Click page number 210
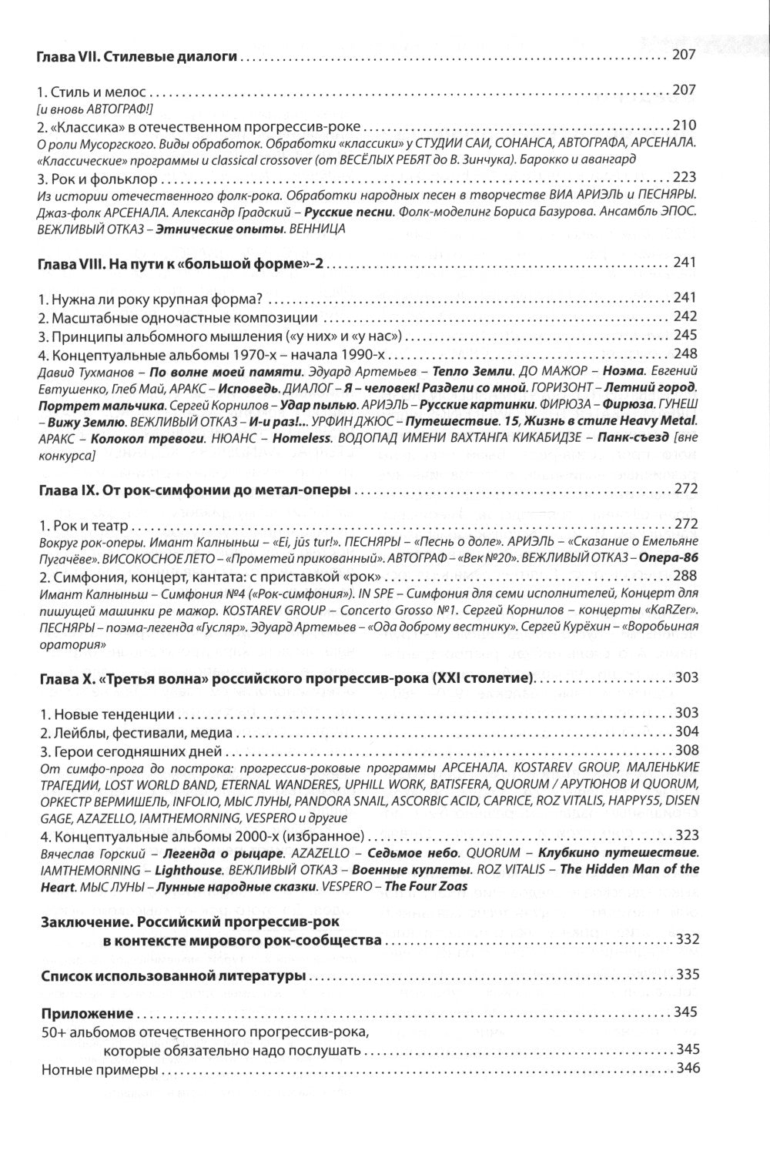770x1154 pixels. tap(685, 125)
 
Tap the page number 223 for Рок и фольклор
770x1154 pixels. tap(685, 179)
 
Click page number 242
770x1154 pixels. tap(685, 316)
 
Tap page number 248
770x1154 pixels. tap(685, 353)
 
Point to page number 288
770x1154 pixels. tap(685, 576)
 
